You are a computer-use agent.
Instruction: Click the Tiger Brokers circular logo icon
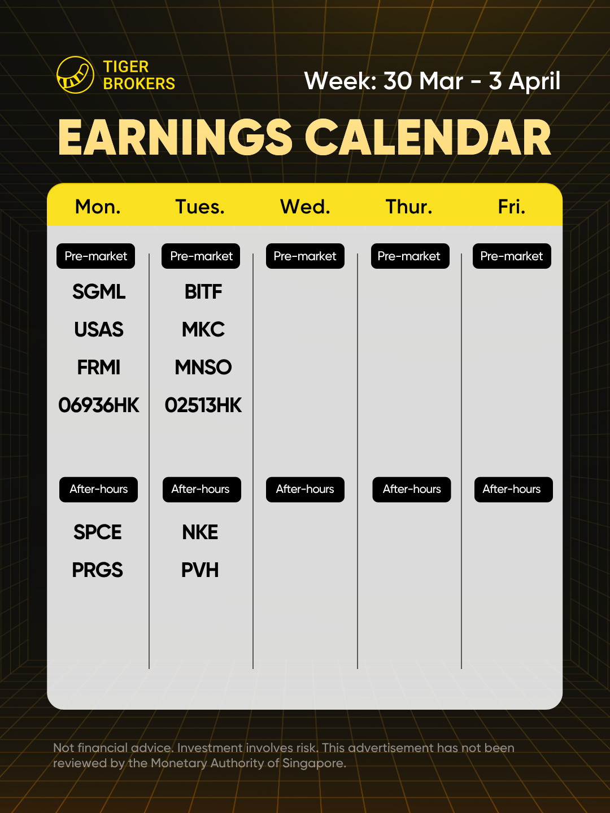75,75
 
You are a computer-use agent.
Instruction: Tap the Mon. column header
98,207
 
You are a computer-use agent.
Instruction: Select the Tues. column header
200,207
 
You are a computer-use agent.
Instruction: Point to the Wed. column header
305,207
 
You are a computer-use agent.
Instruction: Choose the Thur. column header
409,207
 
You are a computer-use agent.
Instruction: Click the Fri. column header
512,207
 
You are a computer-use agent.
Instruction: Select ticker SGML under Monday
99,292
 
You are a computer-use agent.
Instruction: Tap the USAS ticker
99,330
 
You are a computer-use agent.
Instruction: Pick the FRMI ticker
99,368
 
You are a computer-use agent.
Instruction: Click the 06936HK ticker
99,405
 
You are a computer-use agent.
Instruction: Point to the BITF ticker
203,292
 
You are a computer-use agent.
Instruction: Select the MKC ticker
203,330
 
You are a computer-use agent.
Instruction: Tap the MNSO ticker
203,368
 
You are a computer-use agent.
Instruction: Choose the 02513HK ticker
203,405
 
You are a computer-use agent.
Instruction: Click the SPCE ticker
97,532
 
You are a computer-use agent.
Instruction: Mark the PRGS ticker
97,570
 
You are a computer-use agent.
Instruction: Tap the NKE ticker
200,532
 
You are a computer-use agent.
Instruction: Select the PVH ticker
200,570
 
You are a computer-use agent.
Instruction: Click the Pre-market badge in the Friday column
512,256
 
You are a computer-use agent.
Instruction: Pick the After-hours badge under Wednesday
305,489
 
